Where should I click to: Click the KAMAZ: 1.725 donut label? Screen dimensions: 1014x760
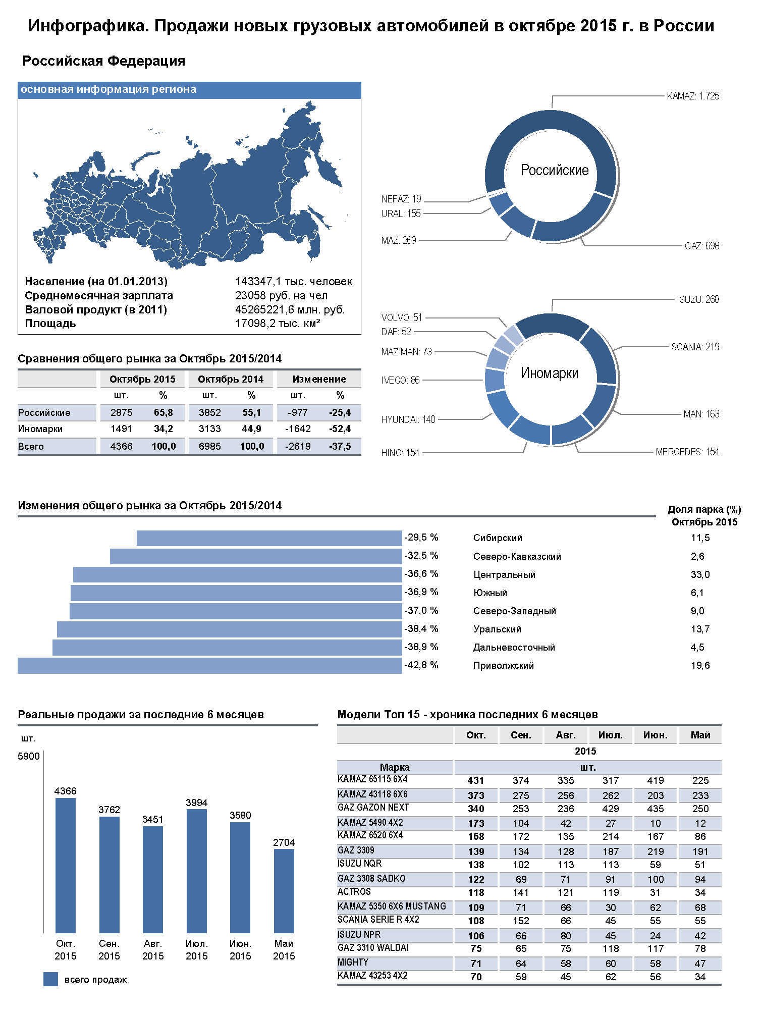click(692, 96)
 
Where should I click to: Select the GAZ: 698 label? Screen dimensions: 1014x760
click(701, 246)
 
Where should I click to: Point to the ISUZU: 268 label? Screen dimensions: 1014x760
click(698, 299)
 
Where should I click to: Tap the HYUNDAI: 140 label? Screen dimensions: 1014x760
click(408, 419)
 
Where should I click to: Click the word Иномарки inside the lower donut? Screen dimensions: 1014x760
click(549, 373)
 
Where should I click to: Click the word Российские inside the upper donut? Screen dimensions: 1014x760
click(554, 170)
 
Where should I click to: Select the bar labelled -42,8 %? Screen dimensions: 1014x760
click(209, 666)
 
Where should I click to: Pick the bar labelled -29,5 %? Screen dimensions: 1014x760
click(269, 538)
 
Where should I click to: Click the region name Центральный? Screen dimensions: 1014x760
click(504, 575)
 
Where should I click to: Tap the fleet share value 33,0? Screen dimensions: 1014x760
click(700, 575)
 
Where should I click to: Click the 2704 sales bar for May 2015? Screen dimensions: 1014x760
click(284, 891)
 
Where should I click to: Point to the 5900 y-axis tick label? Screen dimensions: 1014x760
click(28, 756)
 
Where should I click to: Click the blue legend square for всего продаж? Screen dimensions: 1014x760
click(50, 979)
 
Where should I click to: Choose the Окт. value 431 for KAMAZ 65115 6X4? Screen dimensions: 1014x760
click(475, 780)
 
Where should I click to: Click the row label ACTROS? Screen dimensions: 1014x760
click(354, 892)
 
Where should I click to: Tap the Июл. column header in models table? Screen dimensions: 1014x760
click(610, 735)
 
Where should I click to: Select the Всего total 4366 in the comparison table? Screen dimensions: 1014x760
click(121, 446)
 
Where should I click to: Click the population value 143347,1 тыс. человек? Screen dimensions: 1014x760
click(293, 282)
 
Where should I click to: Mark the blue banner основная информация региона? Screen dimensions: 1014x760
click(189, 90)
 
